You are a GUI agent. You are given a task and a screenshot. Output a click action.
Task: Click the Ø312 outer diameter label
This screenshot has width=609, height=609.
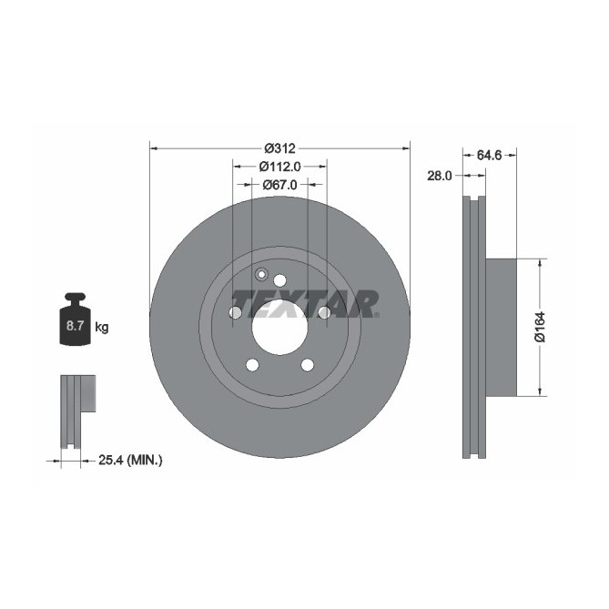click(280, 148)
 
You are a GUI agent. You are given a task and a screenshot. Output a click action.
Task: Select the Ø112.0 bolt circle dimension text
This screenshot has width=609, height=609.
click(280, 167)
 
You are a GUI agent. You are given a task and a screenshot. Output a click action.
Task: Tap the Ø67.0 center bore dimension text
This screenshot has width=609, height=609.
click(280, 185)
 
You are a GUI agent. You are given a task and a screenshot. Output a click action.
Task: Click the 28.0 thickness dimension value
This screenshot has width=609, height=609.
click(440, 176)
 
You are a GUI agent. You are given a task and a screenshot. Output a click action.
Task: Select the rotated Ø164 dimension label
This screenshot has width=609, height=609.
click(539, 328)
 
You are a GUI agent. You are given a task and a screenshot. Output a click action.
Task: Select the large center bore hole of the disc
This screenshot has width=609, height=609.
click(279, 330)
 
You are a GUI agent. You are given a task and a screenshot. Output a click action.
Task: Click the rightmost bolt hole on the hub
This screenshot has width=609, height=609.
click(324, 313)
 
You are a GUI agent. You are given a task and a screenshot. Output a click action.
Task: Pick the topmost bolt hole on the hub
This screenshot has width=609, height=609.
click(279, 280)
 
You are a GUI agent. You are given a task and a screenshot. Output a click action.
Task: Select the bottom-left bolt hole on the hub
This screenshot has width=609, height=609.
click(251, 366)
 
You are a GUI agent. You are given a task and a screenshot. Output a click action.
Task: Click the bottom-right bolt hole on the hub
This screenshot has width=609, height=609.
click(307, 366)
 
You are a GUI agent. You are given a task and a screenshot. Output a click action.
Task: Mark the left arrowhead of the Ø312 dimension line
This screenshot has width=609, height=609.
click(152, 148)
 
